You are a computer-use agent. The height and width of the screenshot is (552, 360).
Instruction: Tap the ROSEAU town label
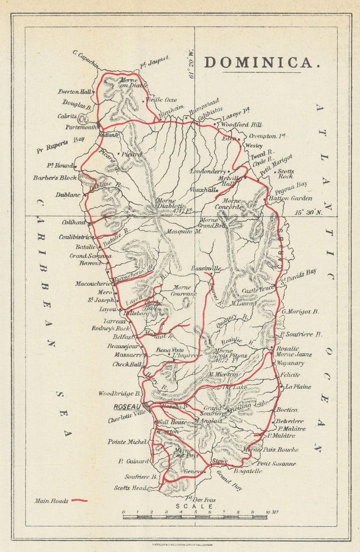126,406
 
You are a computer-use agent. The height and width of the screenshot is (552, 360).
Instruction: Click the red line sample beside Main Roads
79,500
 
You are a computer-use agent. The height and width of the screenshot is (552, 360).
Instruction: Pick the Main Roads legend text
51,500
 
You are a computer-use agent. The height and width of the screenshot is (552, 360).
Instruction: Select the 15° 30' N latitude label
309,212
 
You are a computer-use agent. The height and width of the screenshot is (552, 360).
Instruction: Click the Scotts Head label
130,488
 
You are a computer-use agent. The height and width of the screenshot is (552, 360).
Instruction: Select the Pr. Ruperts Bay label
60,145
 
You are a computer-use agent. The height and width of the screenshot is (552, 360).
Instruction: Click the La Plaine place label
298,387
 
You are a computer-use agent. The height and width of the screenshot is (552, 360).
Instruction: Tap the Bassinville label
206,269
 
